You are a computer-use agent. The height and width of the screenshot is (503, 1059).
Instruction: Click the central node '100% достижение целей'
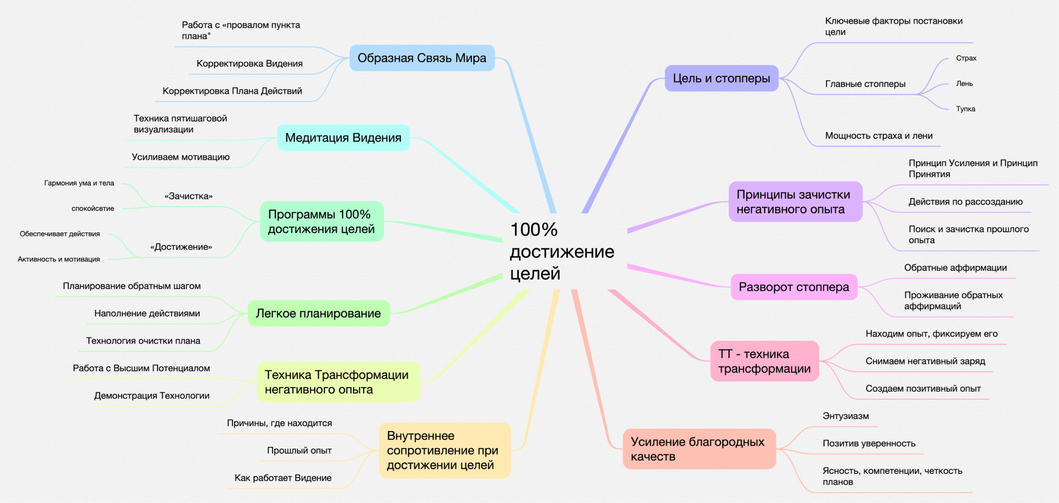562,251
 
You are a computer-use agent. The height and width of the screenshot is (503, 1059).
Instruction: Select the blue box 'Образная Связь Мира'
421,58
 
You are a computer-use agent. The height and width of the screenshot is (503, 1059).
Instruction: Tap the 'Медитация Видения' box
343,138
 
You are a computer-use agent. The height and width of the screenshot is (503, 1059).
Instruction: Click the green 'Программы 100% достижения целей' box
321,222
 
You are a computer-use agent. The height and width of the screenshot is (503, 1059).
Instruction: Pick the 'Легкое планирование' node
318,313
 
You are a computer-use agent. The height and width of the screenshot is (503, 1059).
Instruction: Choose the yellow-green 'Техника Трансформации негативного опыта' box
338,382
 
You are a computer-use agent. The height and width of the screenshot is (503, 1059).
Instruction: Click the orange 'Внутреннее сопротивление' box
444,451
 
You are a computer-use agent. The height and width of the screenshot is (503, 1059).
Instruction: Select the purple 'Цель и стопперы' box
721,78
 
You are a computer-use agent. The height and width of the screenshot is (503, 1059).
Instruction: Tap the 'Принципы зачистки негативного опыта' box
795,202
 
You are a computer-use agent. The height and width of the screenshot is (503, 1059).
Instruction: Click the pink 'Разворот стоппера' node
794,287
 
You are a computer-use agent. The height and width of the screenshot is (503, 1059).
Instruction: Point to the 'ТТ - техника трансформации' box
764,361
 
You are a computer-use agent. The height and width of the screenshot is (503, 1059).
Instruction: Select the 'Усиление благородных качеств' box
698,449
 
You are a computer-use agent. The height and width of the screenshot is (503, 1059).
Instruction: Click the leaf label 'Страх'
966,58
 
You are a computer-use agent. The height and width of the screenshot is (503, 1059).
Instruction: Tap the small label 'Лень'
964,84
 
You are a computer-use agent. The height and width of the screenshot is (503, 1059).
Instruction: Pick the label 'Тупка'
965,109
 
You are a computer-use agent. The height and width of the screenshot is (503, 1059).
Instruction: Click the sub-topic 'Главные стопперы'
865,84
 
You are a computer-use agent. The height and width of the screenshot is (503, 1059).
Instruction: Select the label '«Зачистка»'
189,196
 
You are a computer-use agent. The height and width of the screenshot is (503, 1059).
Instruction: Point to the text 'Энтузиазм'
846,416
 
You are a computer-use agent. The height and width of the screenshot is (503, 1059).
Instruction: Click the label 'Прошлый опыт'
299,451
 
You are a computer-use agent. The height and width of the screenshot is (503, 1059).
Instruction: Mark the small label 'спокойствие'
93,209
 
